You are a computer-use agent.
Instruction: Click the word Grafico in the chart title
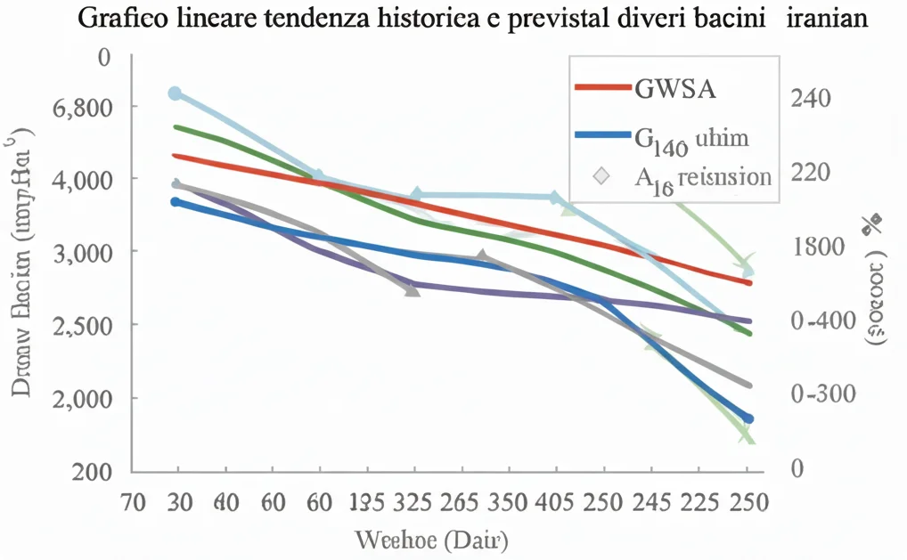coord(118,20)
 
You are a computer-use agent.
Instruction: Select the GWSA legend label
coord(676,88)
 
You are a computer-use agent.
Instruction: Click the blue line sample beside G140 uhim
coord(603,135)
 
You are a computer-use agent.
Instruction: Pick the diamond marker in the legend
coord(603,175)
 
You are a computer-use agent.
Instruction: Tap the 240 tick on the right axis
coord(810,97)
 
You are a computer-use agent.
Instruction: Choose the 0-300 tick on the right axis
coord(822,394)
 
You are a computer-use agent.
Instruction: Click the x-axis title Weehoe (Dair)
coord(431,540)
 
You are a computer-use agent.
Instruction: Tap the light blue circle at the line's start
coord(175,93)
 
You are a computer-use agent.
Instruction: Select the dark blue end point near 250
coord(748,418)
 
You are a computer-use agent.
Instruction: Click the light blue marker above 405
coord(554,198)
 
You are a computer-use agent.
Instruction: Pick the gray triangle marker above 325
coord(413,290)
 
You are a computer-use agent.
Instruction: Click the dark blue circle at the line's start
coord(176,202)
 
